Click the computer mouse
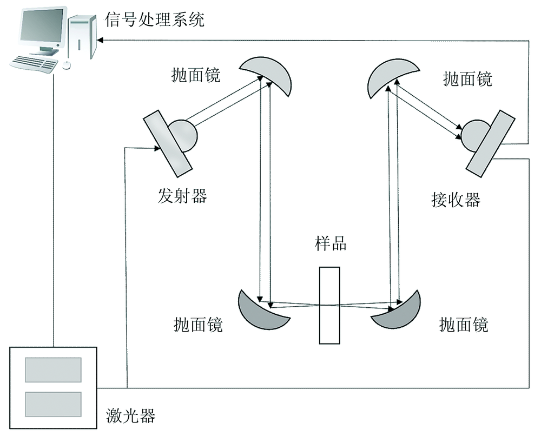tap(66, 64)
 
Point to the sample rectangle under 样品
tap(330, 305)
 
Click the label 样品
tap(330, 243)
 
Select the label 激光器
tap(130, 416)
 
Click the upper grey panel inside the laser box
tap(53, 370)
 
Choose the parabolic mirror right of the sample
tap(398, 314)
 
